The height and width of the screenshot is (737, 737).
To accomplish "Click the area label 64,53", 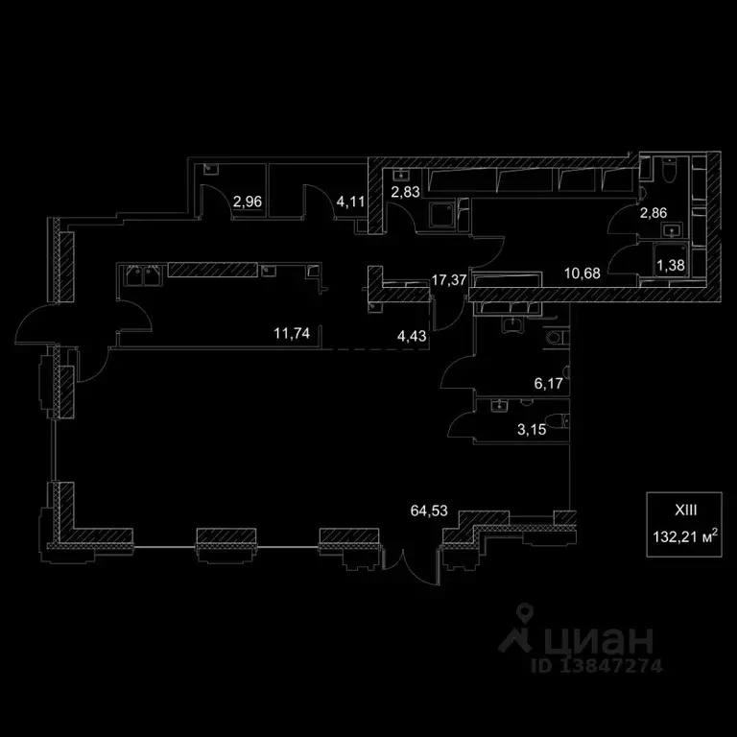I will (428, 511).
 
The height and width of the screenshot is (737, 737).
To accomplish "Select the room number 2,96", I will (248, 202).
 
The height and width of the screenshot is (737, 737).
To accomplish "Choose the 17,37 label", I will (449, 280).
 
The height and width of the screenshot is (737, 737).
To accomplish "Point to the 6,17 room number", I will (548, 384).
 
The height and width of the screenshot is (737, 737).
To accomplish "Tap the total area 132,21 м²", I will (685, 536).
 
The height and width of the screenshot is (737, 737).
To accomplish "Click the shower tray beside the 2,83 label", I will (442, 216).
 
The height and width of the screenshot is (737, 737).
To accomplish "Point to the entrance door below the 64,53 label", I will (411, 564).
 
